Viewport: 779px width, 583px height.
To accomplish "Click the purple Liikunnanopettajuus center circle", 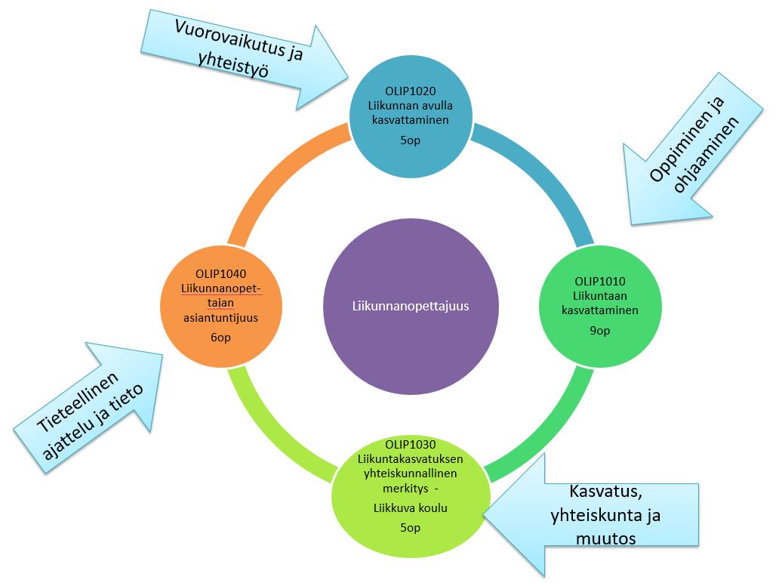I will [x=411, y=306].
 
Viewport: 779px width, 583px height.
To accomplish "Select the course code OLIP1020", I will [x=411, y=92].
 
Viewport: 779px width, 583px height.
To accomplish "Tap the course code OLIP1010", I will [x=600, y=282].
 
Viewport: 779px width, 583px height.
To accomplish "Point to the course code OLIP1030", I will [x=411, y=444].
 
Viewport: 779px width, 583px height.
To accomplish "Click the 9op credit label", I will [x=600, y=331].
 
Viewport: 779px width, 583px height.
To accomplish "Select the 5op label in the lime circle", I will [x=411, y=527].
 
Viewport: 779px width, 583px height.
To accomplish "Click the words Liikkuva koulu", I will [x=411, y=508].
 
